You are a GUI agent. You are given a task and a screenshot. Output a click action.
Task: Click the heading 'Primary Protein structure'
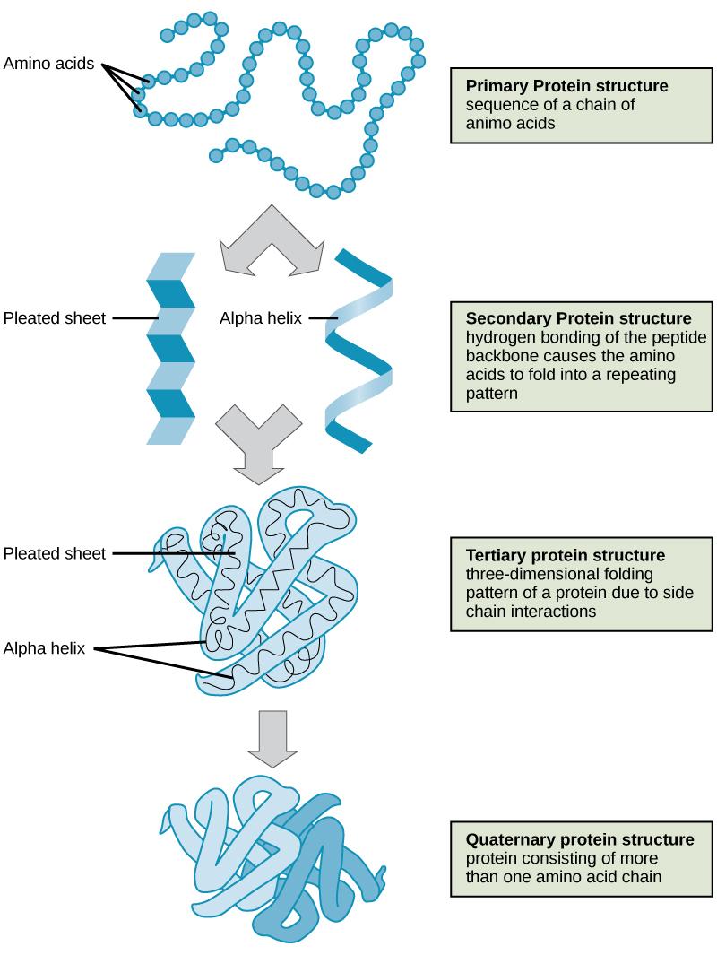(566, 86)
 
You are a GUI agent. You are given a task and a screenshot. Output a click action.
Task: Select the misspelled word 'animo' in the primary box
(488, 124)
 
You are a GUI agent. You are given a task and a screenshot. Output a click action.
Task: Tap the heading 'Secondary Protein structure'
(578, 318)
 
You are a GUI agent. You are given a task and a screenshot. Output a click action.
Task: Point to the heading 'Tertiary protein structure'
(565, 553)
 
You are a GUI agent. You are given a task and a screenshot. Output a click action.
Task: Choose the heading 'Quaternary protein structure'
(579, 840)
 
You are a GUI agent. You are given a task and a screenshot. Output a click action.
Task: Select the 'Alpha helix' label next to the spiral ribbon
(260, 317)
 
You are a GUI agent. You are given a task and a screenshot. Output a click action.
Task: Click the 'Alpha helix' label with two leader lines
(44, 648)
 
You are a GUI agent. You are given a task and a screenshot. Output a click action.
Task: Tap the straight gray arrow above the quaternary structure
(272, 738)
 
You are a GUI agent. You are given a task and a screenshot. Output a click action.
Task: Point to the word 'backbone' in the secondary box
(497, 356)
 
